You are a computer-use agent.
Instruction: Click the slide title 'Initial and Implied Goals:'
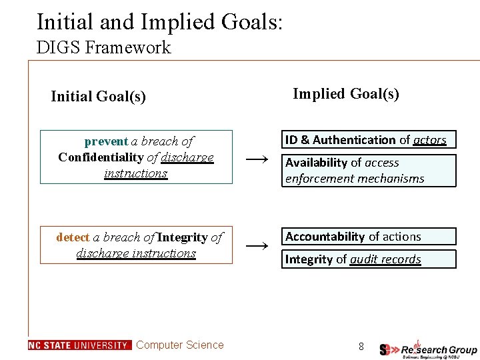[160, 21]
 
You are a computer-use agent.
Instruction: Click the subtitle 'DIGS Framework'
[103, 47]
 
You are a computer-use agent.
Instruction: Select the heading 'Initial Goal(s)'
[98, 97]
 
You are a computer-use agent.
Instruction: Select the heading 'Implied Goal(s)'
[346, 93]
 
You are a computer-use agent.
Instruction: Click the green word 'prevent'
[106, 141]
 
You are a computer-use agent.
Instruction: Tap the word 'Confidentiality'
[101, 157]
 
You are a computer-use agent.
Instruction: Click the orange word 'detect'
[73, 237]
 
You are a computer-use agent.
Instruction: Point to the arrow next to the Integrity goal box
[257, 245]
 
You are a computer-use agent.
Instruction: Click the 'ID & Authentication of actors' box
[369, 139]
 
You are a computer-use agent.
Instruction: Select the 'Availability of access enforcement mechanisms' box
[369, 171]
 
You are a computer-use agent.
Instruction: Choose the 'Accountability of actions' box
[369, 237]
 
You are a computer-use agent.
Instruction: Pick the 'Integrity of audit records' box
[369, 259]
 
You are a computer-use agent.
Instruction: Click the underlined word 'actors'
[429, 140]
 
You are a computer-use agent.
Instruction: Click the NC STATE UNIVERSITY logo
[79, 345]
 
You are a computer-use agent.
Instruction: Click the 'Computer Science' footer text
[180, 345]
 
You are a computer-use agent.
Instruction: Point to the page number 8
[361, 346]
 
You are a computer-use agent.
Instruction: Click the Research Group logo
[428, 349]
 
